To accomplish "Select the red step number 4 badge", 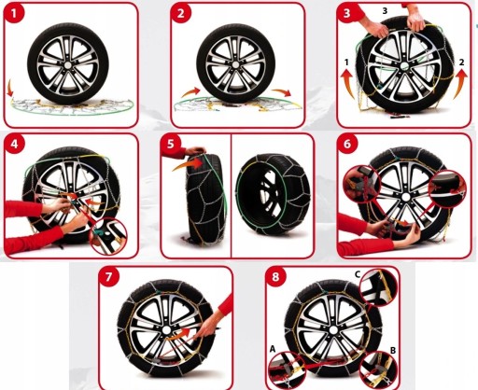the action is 14,145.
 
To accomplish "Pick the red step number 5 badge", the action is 171,145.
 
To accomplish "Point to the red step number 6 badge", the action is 347,145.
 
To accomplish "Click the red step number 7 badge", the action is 108,277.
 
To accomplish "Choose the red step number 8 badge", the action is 275,277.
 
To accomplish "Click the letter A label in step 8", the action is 273,350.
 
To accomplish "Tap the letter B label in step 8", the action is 393,351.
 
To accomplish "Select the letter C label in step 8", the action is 358,274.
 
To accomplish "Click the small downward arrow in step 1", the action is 10,88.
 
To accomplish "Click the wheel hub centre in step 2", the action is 235,64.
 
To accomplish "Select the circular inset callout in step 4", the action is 108,237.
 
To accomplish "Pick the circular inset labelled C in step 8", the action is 378,288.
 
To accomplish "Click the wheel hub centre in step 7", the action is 165,329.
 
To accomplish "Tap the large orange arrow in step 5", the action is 188,163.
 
